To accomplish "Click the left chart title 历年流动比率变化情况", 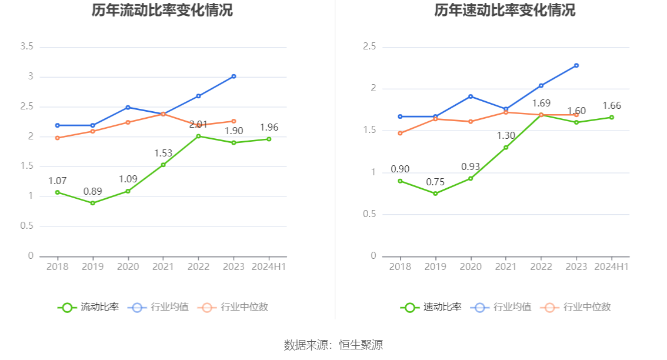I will (162, 11).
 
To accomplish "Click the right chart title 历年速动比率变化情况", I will (505, 11).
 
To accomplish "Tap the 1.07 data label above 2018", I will (58, 181).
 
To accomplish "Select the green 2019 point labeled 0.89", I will (92, 203).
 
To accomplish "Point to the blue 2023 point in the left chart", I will (234, 76).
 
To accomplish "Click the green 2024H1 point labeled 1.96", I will (269, 139).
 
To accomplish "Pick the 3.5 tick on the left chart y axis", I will (26, 46).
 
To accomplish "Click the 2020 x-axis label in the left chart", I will (128, 266).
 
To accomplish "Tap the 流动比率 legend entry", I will (88, 307).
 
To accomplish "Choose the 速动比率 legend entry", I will (431, 307).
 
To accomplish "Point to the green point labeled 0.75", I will (435, 194).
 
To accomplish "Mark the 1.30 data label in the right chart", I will (506, 136).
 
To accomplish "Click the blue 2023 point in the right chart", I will (576, 65).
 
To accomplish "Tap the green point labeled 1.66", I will (612, 117).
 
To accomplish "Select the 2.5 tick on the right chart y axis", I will (369, 47).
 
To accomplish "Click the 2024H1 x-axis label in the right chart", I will (612, 266).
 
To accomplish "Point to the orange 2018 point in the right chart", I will (400, 133).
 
